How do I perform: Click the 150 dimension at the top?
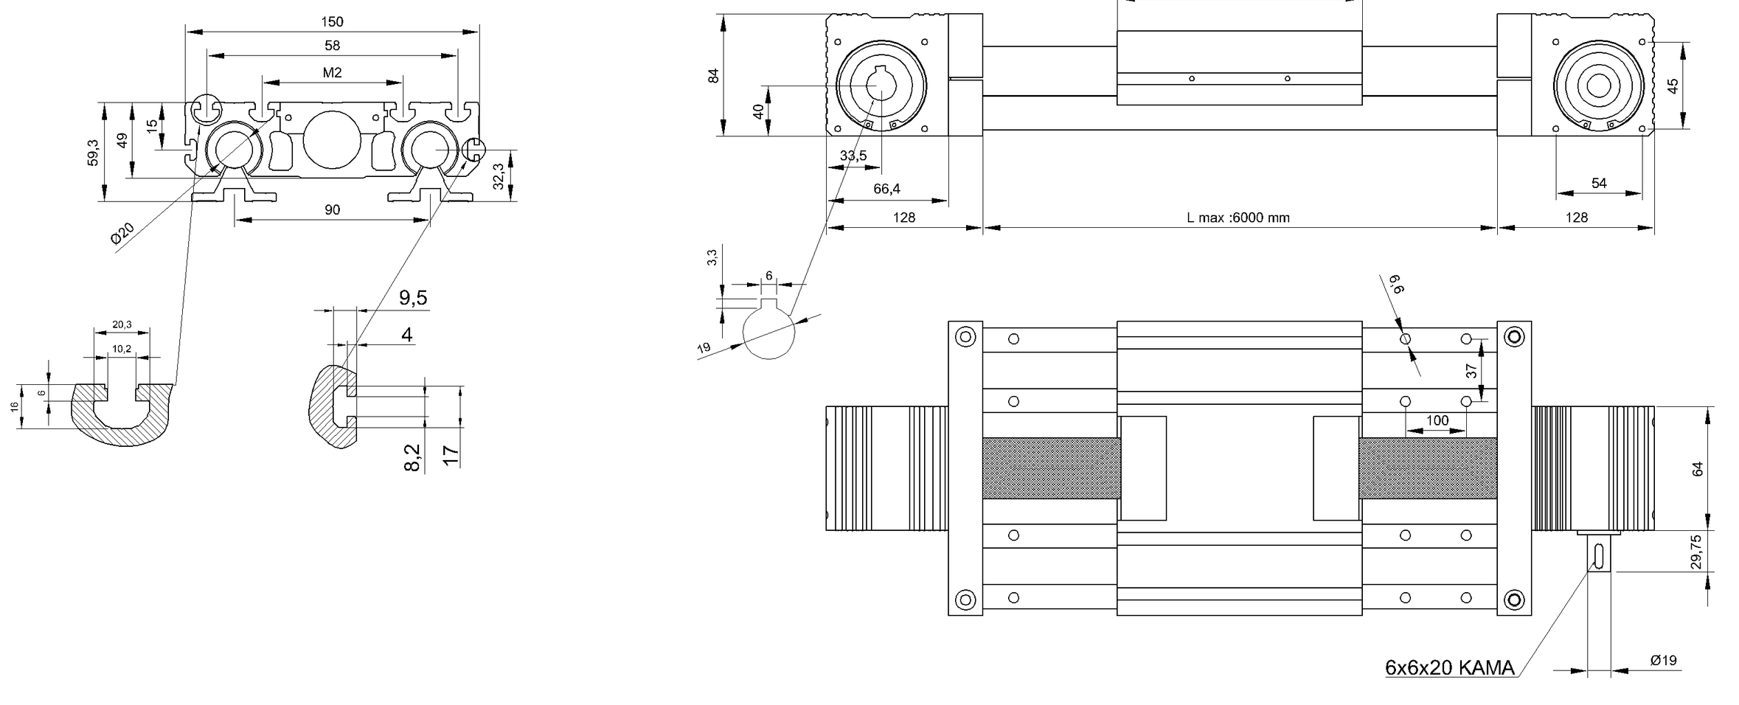(332, 22)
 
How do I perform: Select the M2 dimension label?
(332, 72)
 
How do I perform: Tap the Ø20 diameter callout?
(122, 233)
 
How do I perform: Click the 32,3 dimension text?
(499, 176)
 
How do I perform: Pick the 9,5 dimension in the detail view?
(413, 298)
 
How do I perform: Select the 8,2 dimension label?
(412, 457)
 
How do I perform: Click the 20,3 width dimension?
(122, 324)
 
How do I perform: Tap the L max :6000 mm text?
(1238, 218)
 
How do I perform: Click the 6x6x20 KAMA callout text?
(1449, 668)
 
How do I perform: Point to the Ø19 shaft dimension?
(1663, 660)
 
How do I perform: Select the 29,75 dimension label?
(1696, 552)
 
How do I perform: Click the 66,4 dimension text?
(886, 189)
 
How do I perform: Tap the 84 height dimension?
(713, 75)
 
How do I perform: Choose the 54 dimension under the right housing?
(1599, 183)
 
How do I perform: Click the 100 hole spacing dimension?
(1437, 420)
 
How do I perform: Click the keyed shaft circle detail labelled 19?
(768, 332)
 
